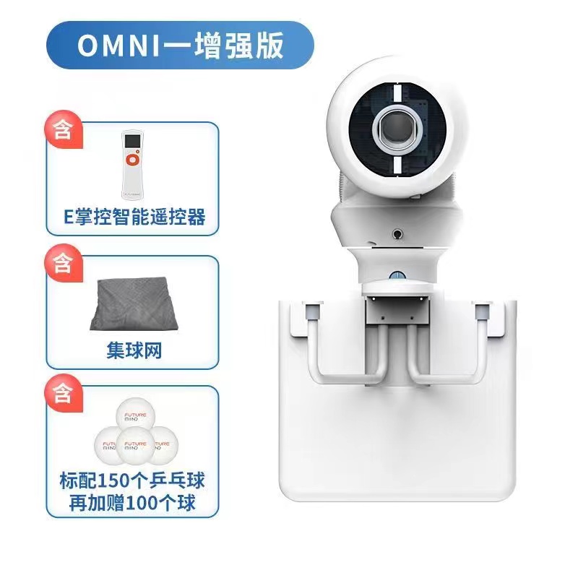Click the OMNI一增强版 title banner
[x=179, y=46]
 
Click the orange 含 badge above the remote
[x=63, y=131]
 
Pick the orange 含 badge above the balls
[x=63, y=394]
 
